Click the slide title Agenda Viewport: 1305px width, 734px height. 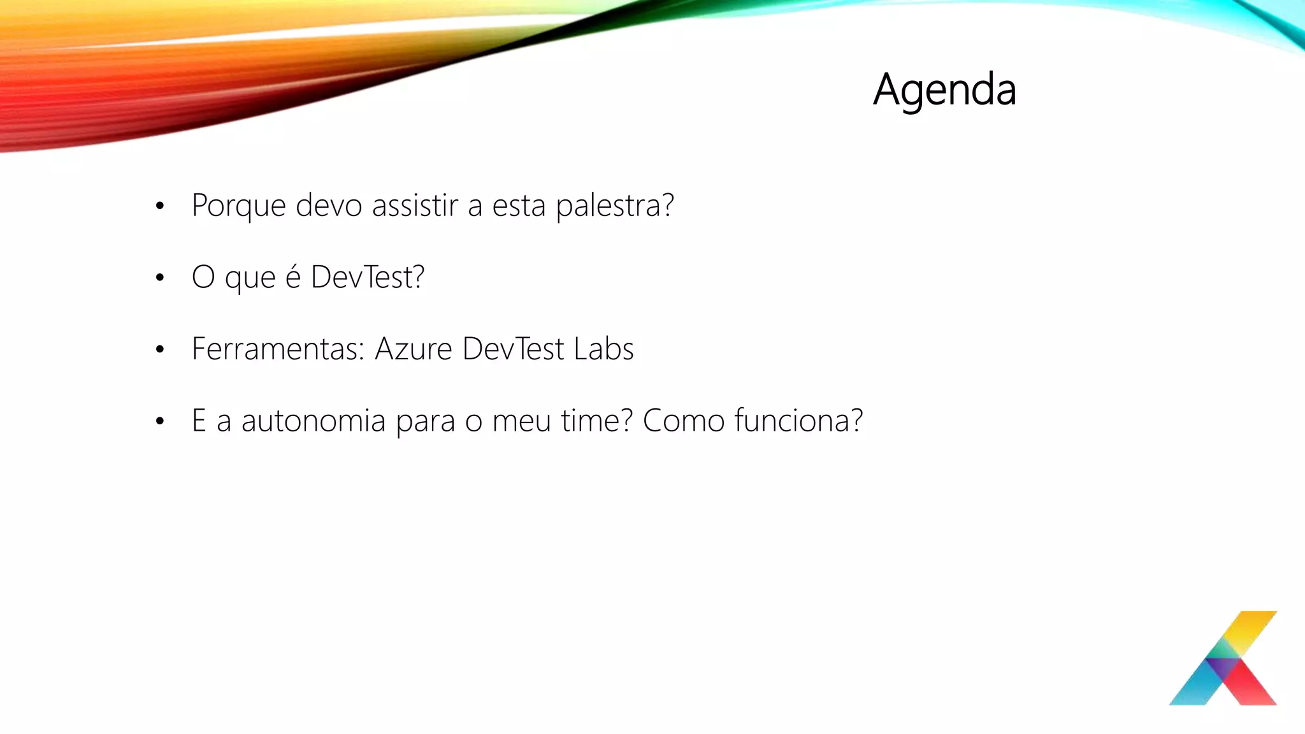(944, 90)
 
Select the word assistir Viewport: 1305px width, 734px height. (415, 205)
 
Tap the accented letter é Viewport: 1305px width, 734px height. (292, 277)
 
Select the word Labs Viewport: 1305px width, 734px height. (603, 349)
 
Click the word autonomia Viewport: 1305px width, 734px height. (313, 421)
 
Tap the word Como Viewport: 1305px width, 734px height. (683, 421)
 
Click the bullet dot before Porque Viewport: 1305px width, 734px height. (160, 206)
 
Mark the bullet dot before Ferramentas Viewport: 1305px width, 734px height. (160, 349)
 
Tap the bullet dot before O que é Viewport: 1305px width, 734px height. (160, 278)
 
